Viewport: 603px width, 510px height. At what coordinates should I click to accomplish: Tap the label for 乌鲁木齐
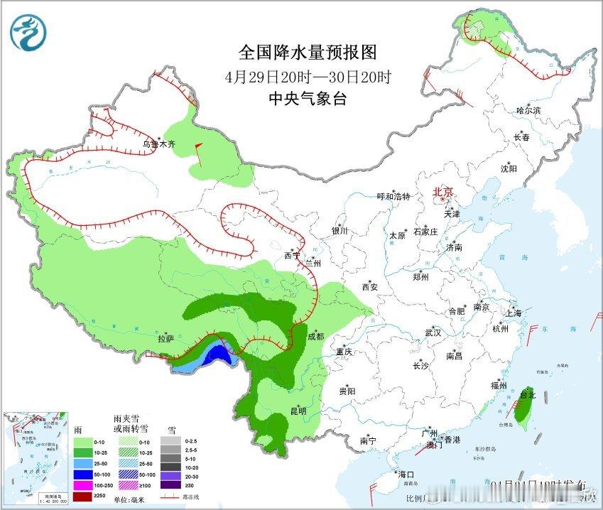coord(158,144)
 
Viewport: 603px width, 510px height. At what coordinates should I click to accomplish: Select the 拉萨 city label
coord(165,339)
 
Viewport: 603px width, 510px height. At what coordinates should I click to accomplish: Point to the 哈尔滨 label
coord(528,110)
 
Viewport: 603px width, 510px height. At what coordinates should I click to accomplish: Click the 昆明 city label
coord(298,411)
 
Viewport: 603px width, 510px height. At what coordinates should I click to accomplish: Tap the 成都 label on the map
coord(317,337)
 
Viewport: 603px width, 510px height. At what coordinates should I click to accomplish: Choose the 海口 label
coord(406,474)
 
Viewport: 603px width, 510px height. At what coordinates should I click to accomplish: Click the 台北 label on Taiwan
coord(528,394)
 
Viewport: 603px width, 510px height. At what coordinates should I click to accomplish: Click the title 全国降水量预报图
coord(307,52)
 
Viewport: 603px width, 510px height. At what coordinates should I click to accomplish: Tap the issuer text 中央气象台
coord(307,99)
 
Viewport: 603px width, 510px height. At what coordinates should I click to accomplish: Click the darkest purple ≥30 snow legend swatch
coord(171,485)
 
